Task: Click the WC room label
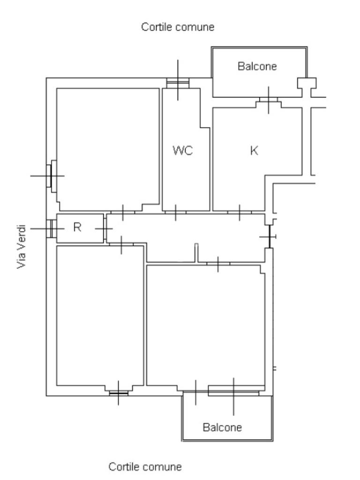[x=183, y=151]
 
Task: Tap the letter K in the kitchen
[x=255, y=151]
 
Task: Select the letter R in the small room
[x=78, y=227]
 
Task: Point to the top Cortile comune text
[x=178, y=27]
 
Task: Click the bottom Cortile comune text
[x=145, y=467]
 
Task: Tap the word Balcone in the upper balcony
[x=257, y=66]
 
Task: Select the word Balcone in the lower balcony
[x=222, y=427]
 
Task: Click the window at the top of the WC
[x=178, y=82]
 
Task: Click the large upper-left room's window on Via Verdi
[x=50, y=175]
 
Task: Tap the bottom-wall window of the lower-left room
[x=119, y=392]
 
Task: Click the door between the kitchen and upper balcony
[x=268, y=100]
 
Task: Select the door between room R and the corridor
[x=105, y=228]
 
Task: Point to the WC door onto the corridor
[x=175, y=212]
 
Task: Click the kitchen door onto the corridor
[x=240, y=212]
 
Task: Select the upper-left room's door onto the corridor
[x=122, y=212]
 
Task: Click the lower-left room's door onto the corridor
[x=121, y=244]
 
